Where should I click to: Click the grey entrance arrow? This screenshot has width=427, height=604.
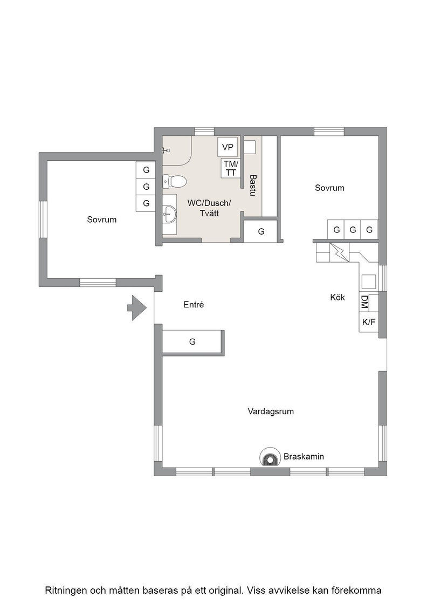point(137,308)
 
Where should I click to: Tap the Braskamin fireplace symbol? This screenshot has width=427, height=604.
point(270,457)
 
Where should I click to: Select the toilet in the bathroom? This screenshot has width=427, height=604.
point(174,181)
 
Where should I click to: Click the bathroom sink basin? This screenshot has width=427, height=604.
point(169,214)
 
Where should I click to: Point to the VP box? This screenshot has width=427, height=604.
point(228,147)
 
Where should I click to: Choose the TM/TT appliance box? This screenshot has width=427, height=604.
point(231,168)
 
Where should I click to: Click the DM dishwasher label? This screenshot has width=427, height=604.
point(364,302)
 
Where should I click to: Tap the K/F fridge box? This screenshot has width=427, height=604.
point(369,322)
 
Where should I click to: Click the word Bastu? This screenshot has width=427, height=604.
point(252,186)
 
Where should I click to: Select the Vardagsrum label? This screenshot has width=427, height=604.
point(271,411)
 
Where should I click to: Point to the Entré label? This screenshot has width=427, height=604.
point(194,305)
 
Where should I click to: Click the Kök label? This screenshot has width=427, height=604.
point(338,297)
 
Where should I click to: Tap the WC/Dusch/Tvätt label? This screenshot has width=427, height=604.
point(210,208)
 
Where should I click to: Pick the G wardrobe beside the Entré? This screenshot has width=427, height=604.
point(192,341)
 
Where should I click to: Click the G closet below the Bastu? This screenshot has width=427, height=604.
point(261,231)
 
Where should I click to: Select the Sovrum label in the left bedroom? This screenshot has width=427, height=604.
point(102,219)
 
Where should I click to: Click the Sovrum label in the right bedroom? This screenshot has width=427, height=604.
point(329,188)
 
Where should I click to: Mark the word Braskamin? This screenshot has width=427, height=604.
point(304,457)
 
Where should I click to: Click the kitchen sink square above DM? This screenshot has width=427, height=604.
point(369,281)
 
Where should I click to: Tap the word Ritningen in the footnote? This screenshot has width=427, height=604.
point(67,591)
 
